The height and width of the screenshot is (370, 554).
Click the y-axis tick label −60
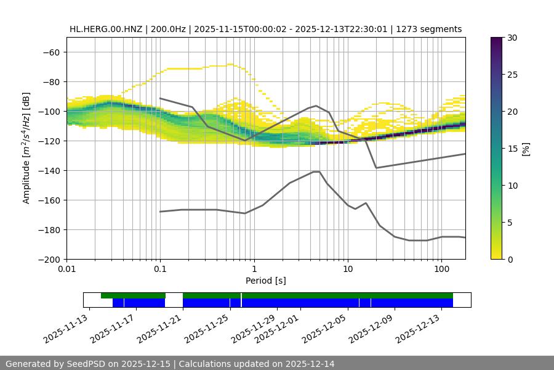click(50, 52)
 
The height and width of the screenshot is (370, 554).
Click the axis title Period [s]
click(265, 281)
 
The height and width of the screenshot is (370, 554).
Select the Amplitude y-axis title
click(26, 148)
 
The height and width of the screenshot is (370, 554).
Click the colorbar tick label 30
click(512, 38)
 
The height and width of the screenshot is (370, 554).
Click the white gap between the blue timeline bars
click(174, 303)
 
